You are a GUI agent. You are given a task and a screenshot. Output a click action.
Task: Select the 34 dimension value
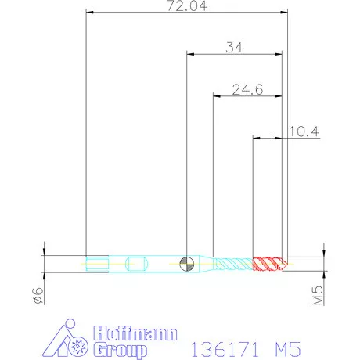click(x=234, y=47)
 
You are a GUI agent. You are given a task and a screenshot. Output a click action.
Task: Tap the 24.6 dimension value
click(x=247, y=90)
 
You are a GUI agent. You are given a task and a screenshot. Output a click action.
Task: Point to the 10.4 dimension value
click(x=303, y=132)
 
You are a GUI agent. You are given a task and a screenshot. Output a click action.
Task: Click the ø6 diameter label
click(x=36, y=295)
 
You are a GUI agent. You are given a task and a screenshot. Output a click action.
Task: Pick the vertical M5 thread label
click(x=319, y=296)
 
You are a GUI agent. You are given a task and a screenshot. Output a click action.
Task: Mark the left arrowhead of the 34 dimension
click(x=189, y=54)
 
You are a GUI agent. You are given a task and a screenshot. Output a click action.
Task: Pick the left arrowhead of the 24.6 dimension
click(x=217, y=96)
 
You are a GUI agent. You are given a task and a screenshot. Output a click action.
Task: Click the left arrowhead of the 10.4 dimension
click(x=255, y=139)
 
